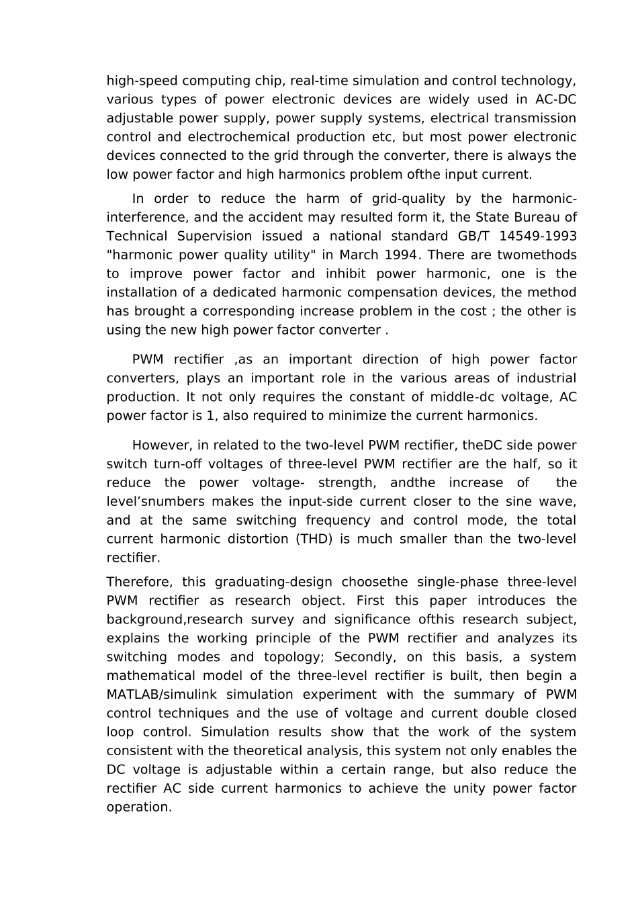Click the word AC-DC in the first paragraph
tap(555, 99)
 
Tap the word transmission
tap(535, 118)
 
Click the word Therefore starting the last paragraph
tap(136, 582)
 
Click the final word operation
tap(139, 808)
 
